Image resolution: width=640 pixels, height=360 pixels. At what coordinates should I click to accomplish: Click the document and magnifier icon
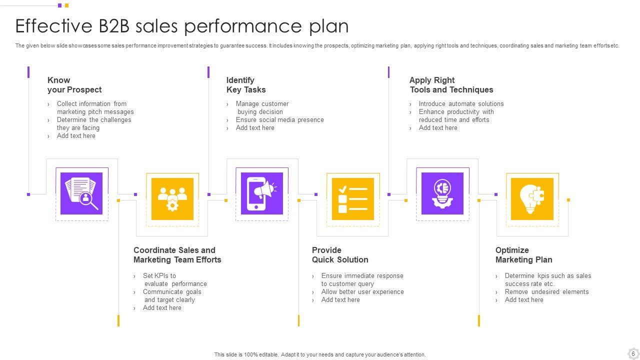click(x=81, y=193)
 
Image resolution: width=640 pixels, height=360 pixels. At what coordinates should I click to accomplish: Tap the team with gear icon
click(x=172, y=199)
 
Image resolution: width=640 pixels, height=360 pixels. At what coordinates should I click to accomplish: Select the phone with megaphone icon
click(x=262, y=193)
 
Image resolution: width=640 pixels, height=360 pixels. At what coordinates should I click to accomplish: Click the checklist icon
click(x=353, y=199)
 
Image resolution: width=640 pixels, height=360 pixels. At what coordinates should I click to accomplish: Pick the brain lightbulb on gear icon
click(x=442, y=193)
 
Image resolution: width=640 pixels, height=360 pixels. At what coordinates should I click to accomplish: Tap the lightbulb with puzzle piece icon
click(x=532, y=199)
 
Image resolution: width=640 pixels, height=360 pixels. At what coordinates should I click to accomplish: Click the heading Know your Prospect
click(x=74, y=85)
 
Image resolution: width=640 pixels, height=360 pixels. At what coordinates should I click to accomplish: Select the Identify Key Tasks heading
click(x=246, y=85)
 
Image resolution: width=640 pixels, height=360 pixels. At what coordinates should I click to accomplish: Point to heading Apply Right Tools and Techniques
click(x=451, y=85)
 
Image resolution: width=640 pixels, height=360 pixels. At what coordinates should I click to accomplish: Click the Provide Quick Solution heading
click(x=340, y=255)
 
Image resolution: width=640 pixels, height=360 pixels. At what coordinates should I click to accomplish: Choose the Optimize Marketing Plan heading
click(x=523, y=255)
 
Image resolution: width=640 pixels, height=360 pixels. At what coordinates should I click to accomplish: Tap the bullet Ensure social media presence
click(x=279, y=120)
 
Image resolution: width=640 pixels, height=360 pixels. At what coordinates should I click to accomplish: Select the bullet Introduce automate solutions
click(x=461, y=104)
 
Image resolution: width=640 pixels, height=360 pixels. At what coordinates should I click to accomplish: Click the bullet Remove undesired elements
click(x=546, y=292)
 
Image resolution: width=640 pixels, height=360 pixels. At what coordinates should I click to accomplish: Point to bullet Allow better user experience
click(x=362, y=292)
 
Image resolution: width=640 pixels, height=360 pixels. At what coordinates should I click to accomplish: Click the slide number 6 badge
click(x=633, y=353)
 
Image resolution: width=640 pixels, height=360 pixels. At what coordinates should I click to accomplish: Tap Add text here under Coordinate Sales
click(x=162, y=308)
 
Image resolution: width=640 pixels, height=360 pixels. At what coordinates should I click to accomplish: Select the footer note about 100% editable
click(x=320, y=354)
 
